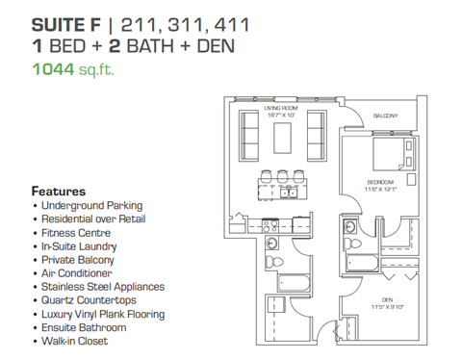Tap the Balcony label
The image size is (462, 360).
(x=386, y=116)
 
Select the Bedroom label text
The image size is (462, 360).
(x=381, y=182)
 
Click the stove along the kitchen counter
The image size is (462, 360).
(x=271, y=228)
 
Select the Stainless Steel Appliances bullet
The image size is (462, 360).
(x=102, y=287)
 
